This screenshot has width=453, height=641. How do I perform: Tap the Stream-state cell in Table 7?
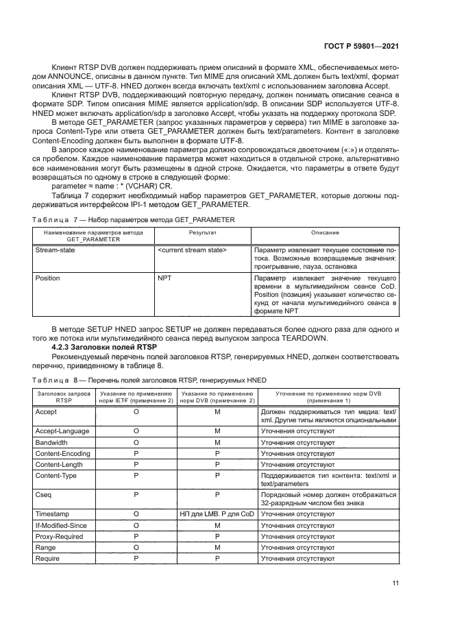point(56,250)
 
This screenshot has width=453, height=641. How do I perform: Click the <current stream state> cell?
point(193,250)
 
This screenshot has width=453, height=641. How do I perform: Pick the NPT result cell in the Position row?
point(164,278)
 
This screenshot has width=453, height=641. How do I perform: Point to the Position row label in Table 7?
point(47,278)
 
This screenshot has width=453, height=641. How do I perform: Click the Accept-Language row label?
point(62,431)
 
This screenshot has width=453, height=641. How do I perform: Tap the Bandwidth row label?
point(52,443)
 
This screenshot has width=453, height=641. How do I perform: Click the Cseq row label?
point(44,494)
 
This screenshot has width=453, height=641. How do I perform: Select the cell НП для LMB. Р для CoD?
point(216,513)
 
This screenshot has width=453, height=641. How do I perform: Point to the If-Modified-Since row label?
point(61,524)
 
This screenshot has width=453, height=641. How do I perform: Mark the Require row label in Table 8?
point(49,559)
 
